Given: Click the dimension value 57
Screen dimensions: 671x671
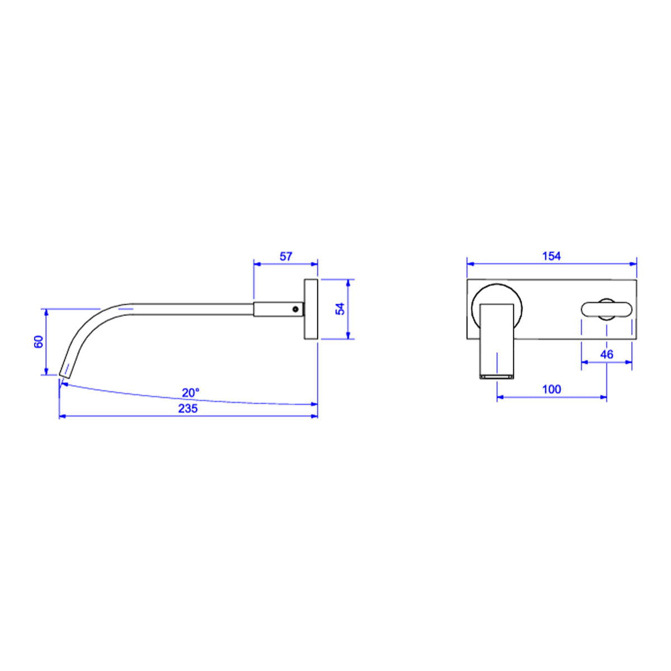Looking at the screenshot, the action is [x=286, y=256].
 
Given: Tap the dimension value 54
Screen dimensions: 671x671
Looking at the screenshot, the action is [x=340, y=309].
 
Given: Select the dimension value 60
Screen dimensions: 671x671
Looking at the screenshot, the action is [x=39, y=341].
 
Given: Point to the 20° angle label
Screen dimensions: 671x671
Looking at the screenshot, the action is [x=191, y=393].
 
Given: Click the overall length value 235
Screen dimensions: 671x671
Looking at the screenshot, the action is [x=188, y=408].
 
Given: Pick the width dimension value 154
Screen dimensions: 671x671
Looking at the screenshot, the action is [x=551, y=256].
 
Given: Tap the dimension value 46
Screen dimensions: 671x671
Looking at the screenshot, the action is [x=607, y=355].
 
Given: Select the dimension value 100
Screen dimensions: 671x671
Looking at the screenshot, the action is [x=551, y=389].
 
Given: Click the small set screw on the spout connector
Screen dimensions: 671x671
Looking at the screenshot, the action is [x=296, y=309].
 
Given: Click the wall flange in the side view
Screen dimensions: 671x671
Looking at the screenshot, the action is [x=311, y=309].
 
